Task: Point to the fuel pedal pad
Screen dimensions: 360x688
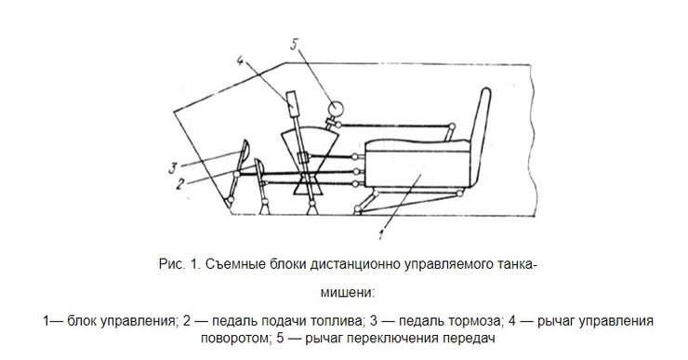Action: [x=258, y=169]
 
